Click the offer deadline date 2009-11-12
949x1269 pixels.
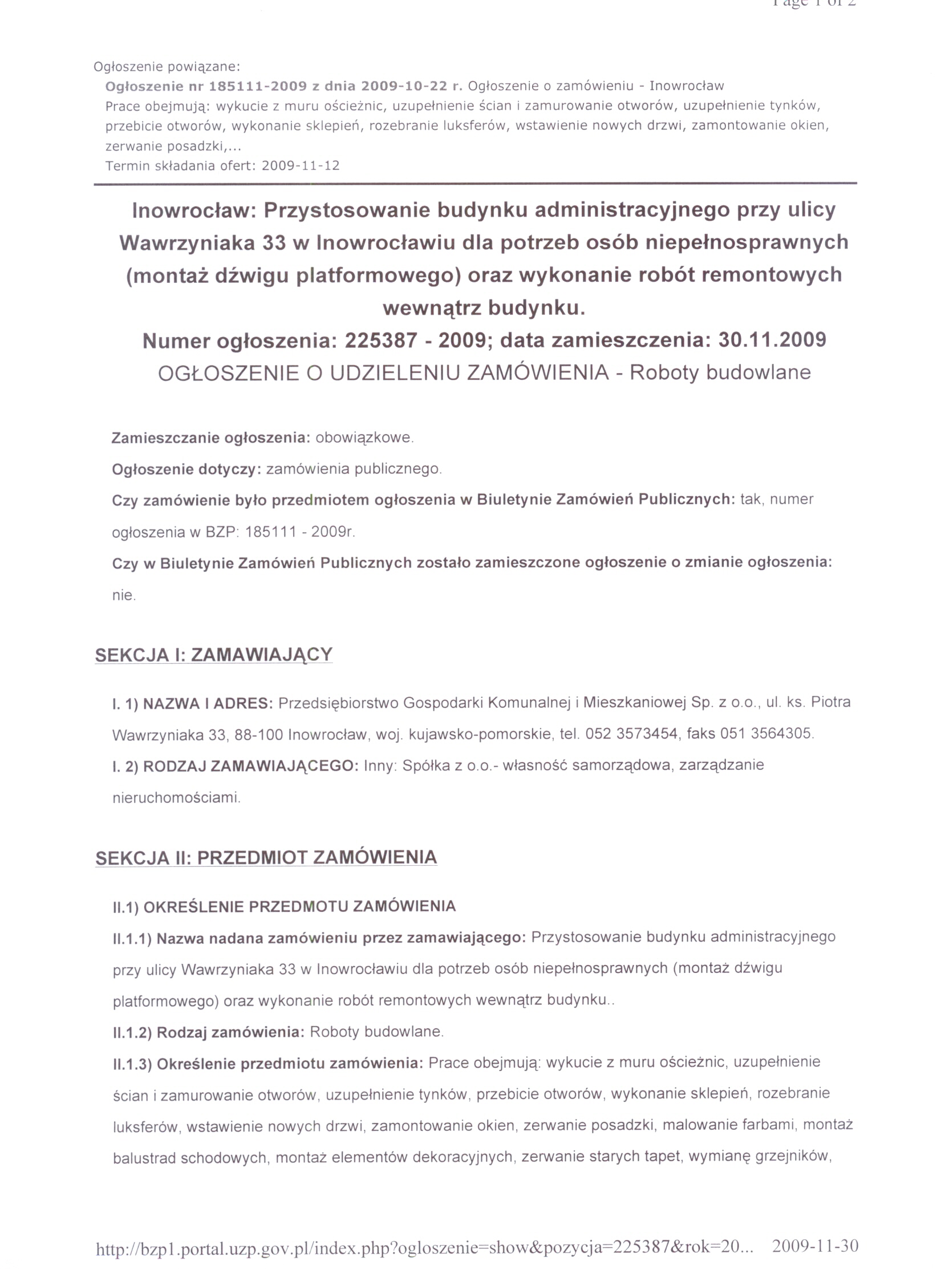pos(300,166)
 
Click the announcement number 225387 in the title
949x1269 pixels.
pos(380,340)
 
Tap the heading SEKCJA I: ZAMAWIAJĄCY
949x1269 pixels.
pos(213,655)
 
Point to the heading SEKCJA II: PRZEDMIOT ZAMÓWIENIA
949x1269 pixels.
pos(266,858)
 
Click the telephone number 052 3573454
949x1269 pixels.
pos(631,733)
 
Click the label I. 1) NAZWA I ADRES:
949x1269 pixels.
pos(193,703)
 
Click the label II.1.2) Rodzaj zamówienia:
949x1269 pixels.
pos(208,1032)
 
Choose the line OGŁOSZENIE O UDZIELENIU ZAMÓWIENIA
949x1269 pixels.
pos(383,373)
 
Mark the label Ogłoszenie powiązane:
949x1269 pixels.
pos(167,67)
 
